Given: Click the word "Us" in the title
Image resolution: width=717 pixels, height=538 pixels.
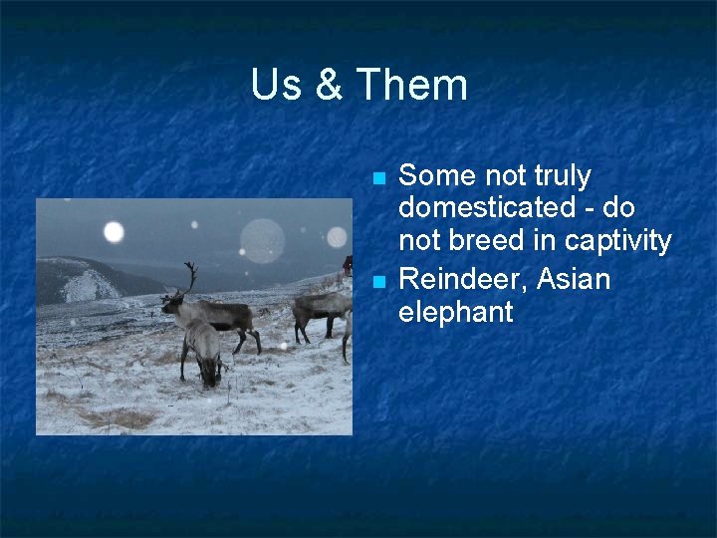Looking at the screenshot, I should (x=276, y=85).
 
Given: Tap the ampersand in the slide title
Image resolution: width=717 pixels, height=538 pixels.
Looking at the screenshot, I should (x=329, y=85).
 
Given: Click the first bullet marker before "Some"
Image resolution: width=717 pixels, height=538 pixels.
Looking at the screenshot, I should (x=377, y=179).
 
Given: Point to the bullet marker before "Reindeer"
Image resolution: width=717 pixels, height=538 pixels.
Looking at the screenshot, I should (x=377, y=283).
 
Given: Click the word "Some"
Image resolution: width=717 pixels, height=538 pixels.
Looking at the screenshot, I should (x=437, y=176).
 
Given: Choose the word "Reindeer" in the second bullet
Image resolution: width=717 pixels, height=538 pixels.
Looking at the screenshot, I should (x=461, y=279).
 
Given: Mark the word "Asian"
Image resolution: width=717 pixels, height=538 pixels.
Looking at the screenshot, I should (x=573, y=279).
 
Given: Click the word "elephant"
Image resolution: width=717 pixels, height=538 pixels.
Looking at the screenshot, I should (x=455, y=313).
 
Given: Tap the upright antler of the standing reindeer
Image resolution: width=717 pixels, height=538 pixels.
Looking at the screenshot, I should (x=191, y=276).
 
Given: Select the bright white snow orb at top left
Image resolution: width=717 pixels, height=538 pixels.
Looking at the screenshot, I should (x=114, y=232).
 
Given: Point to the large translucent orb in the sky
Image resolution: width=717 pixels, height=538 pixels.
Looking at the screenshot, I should (x=262, y=240).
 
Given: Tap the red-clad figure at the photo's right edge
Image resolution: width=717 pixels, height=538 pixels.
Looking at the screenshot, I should (x=348, y=266).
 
